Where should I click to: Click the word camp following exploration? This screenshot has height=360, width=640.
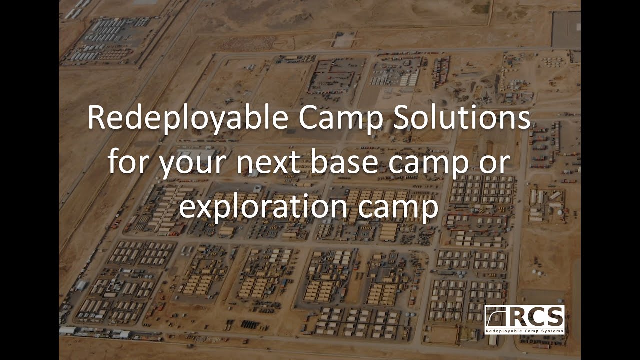[x=398, y=208]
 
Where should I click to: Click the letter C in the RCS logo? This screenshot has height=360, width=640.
[x=538, y=317]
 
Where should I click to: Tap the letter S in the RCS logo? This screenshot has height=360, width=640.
[x=555, y=317]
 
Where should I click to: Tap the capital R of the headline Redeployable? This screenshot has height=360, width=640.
[x=96, y=119]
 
